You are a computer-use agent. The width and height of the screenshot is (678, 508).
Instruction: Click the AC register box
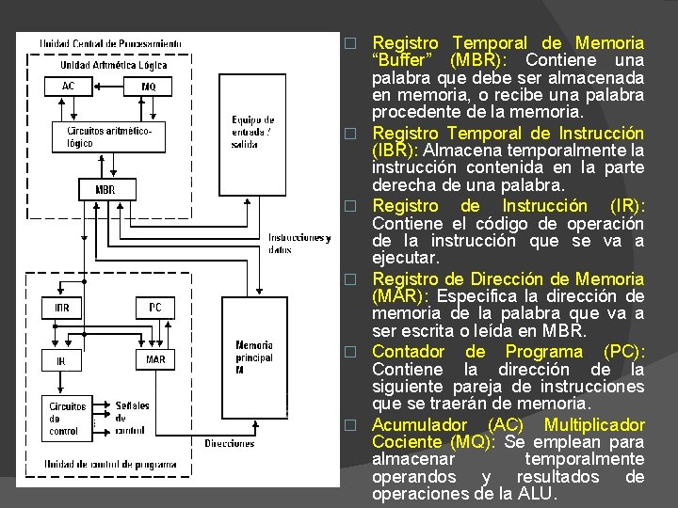point(69,87)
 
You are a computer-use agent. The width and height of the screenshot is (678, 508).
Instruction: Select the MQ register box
point(149,87)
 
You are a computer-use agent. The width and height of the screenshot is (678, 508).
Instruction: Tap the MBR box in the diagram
point(105,189)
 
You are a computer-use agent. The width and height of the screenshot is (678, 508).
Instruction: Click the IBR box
point(61,308)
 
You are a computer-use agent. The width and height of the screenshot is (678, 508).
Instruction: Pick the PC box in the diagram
point(155,308)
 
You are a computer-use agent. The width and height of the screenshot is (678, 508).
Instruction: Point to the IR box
point(61,359)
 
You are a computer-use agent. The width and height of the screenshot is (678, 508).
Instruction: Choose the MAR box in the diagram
point(155,359)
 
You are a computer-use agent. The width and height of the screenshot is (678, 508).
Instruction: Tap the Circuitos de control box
point(68,419)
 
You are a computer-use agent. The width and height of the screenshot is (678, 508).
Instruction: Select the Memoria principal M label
point(254,357)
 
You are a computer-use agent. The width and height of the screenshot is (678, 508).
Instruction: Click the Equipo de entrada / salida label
point(252,132)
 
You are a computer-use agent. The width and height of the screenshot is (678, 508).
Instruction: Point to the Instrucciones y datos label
point(299,244)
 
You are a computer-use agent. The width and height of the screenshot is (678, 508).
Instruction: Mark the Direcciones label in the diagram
point(229,443)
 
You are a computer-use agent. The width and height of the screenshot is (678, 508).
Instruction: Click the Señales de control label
point(133,419)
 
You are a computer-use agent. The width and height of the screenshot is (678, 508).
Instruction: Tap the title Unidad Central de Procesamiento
point(111,43)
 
